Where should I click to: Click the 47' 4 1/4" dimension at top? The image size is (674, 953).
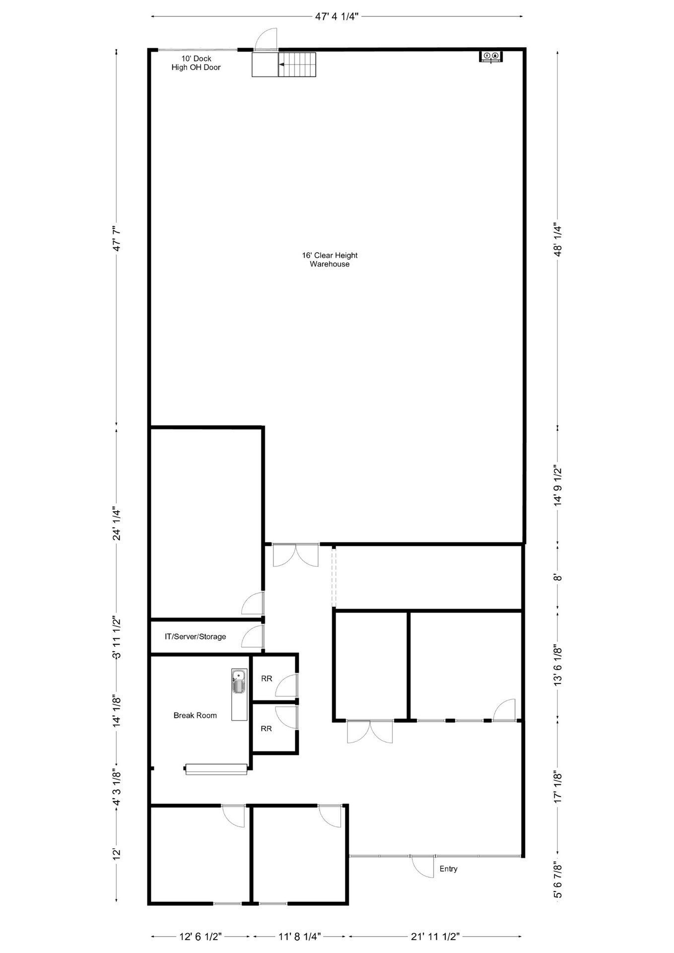tap(337, 16)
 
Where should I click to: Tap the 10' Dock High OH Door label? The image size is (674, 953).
tap(196, 63)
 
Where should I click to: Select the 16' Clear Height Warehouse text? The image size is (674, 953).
tap(330, 260)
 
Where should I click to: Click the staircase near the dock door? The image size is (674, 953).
tap(296, 65)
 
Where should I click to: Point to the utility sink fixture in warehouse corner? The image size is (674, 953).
tap(491, 56)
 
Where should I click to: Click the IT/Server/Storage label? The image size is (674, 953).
tap(195, 636)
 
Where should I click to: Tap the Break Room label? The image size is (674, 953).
tap(195, 715)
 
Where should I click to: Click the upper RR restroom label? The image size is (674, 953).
tap(267, 679)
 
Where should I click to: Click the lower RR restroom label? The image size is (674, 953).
tap(267, 729)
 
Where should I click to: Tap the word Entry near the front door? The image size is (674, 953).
tap(448, 869)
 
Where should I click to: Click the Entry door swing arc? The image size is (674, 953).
tap(422, 867)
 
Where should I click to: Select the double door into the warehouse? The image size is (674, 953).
tap(295, 555)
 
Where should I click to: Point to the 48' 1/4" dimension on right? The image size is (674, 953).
tap(558, 240)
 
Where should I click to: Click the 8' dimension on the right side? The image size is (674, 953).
tap(558, 578)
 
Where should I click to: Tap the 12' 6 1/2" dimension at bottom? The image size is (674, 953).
tap(200, 937)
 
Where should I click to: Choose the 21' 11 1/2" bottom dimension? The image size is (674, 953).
tap(435, 937)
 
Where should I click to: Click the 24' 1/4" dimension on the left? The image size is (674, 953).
tap(117, 523)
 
